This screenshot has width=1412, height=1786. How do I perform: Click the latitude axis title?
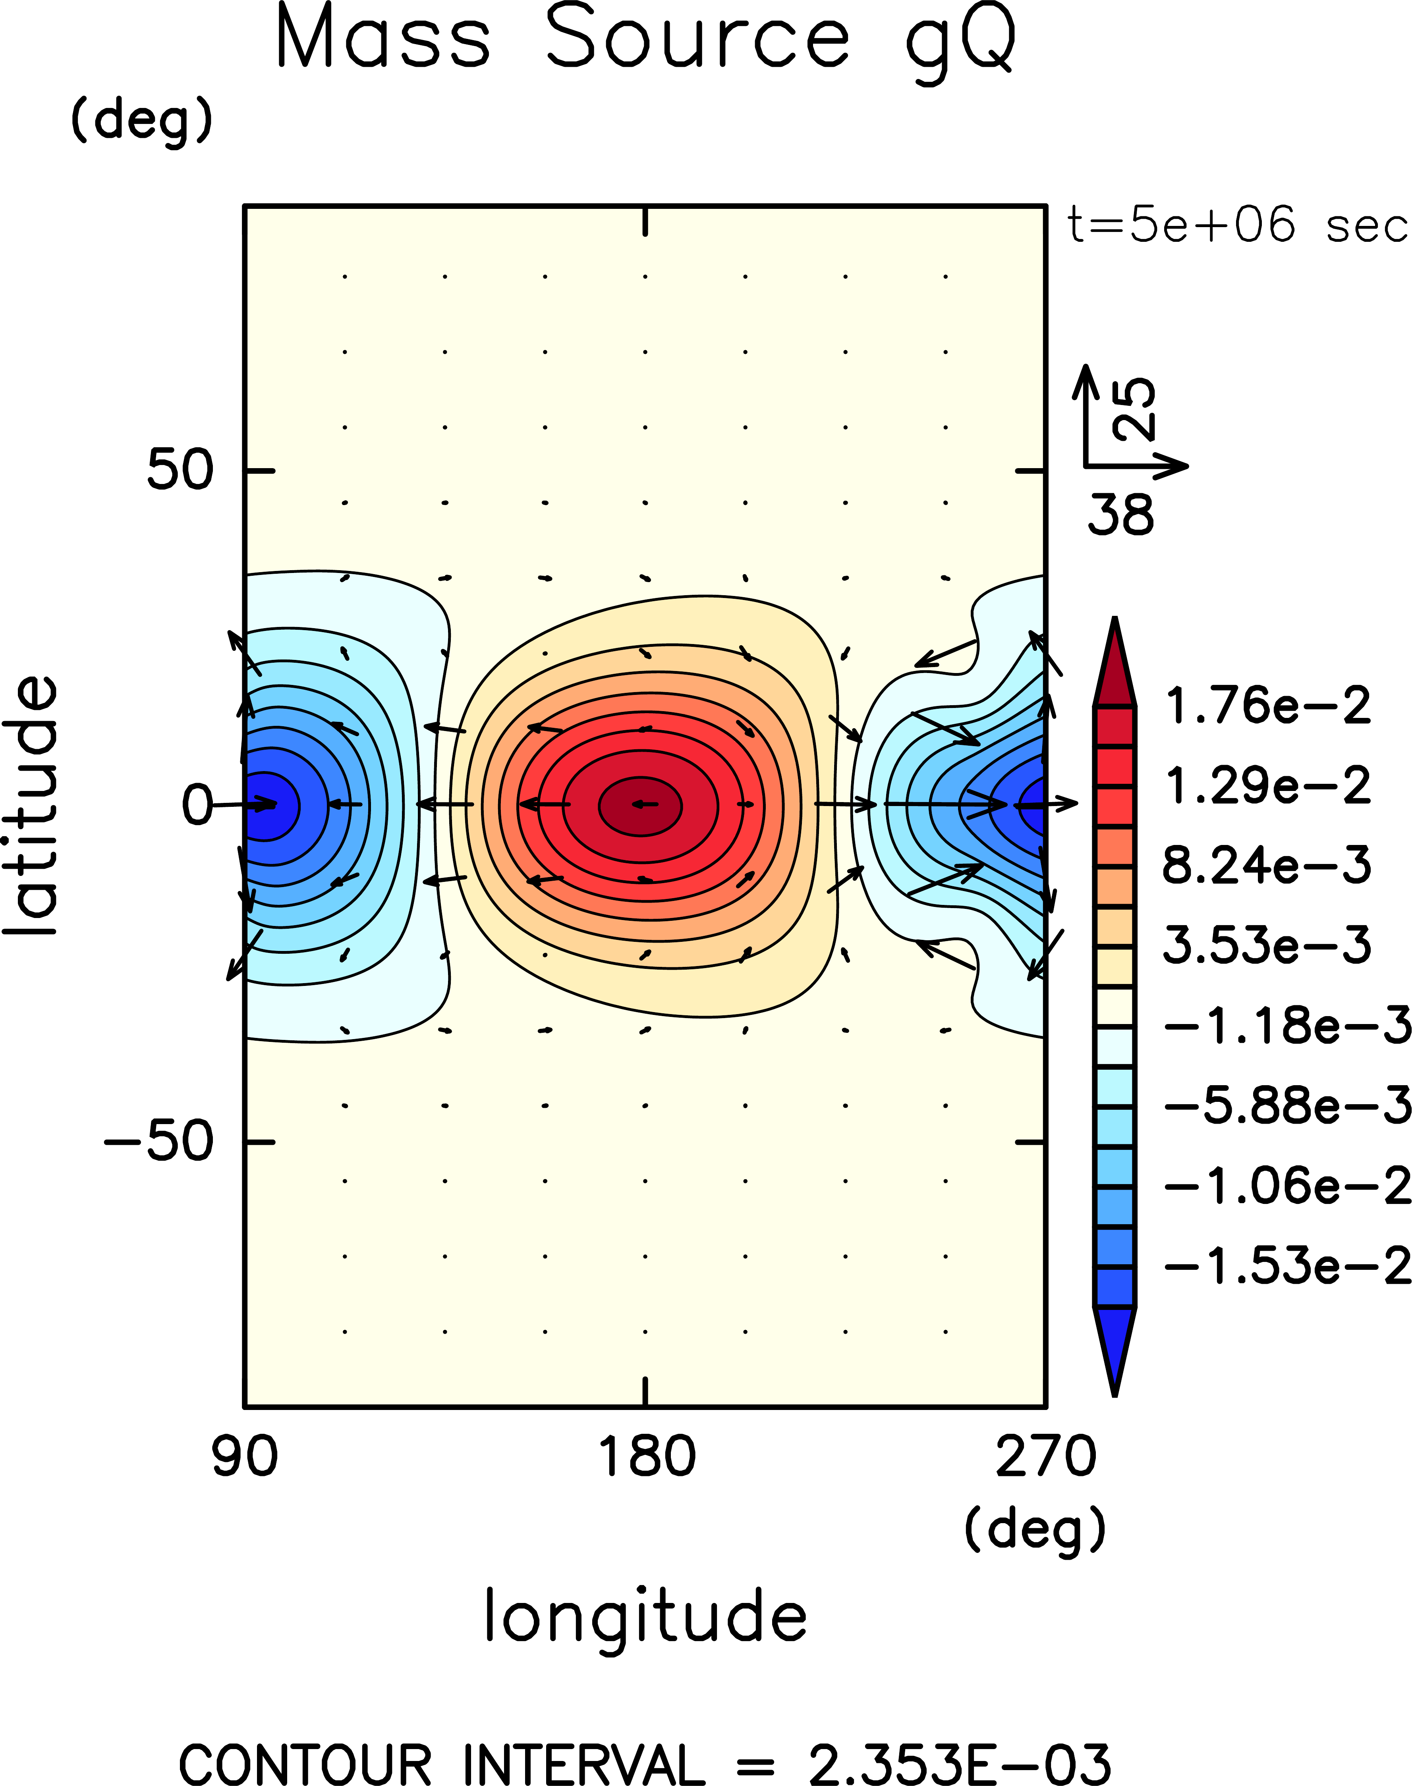pos(31,806)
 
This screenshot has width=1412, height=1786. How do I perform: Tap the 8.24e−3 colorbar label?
pos(1267,865)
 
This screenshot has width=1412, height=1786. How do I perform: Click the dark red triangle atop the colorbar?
pos(1115,665)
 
